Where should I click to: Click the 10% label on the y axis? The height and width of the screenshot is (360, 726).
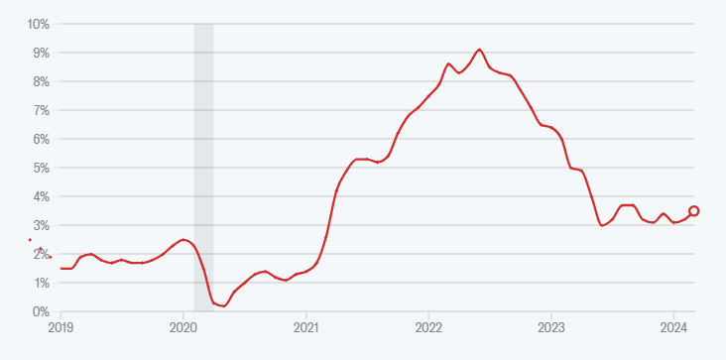39,23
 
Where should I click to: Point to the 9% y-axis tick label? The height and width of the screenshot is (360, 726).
42,52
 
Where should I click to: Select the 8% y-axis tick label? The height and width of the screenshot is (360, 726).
42,80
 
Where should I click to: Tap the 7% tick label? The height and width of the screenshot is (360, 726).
42,110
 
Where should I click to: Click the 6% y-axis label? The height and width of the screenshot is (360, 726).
42,139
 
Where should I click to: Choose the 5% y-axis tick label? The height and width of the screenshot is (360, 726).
42,168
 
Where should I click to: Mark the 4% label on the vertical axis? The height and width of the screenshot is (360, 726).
42,196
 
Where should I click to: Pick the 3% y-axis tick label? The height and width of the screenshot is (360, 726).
42,225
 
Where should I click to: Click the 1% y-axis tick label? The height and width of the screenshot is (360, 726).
42,283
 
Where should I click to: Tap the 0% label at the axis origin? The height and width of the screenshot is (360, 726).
42,311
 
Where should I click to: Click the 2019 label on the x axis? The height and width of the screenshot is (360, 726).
61,326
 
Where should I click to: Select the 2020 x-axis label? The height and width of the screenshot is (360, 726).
183,326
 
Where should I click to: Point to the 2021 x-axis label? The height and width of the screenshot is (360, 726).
306,326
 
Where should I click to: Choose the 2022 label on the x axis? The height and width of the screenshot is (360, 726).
428,326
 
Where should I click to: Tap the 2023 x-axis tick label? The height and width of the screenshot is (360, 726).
551,326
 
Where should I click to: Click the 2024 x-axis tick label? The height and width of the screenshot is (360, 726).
673,326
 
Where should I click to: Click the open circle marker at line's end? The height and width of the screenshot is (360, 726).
694,211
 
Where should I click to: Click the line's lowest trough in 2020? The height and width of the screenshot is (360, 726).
223,305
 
